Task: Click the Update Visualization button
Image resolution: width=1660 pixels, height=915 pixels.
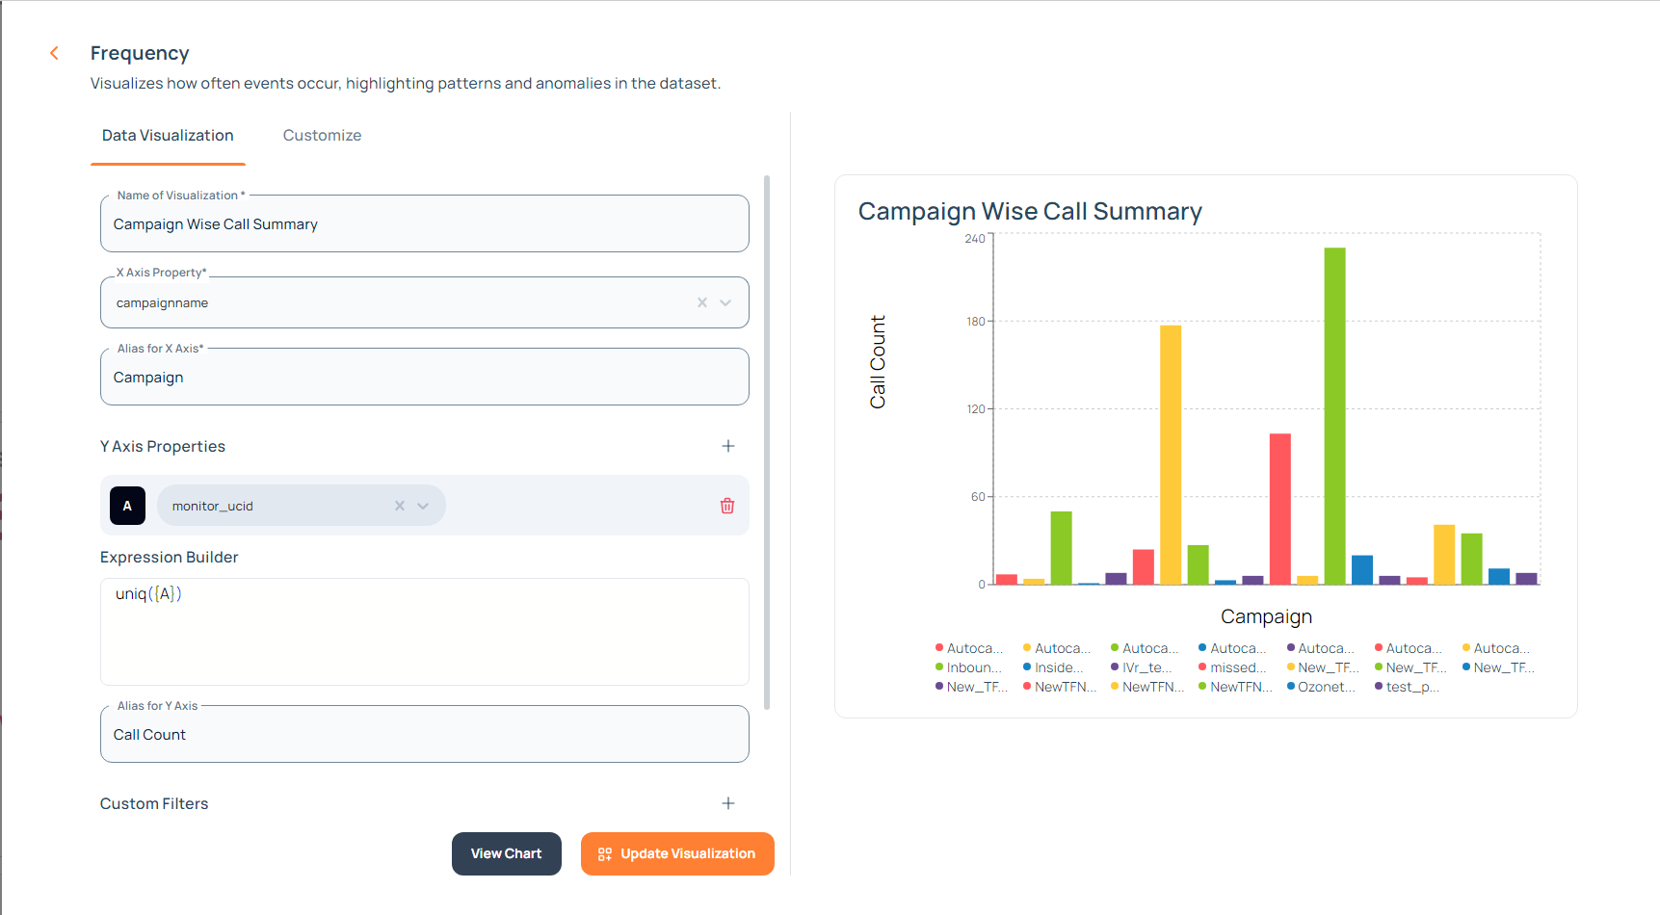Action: pyautogui.click(x=677, y=853)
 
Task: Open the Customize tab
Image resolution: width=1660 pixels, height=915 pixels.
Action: pyautogui.click(x=322, y=136)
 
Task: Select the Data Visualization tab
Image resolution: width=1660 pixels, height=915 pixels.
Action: pyautogui.click(x=168, y=136)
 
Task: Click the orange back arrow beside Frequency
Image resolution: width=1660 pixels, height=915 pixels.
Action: pyautogui.click(x=55, y=53)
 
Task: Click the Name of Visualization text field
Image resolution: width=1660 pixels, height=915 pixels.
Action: pyautogui.click(x=424, y=224)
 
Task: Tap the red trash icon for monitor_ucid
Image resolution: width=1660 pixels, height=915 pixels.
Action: pyautogui.click(x=727, y=506)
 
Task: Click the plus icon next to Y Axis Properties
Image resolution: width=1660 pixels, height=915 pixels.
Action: pyautogui.click(x=728, y=446)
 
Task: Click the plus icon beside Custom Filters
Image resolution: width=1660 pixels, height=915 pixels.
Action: pyautogui.click(x=728, y=803)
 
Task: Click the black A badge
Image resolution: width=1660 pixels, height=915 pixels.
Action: pyautogui.click(x=127, y=506)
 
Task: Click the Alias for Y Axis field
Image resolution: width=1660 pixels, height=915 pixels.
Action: pyautogui.click(x=424, y=735)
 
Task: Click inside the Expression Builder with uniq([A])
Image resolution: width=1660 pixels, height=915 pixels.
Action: pyautogui.click(x=424, y=631)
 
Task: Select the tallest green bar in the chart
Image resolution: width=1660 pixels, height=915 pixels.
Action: pyautogui.click(x=1334, y=414)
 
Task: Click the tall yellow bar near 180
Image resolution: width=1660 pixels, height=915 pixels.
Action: pyautogui.click(x=1171, y=453)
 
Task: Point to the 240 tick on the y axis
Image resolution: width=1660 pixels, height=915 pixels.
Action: pyautogui.click(x=975, y=239)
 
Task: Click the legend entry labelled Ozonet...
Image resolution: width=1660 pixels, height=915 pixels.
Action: pyautogui.click(x=1325, y=687)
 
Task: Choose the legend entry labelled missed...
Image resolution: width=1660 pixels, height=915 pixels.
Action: pyautogui.click(x=1236, y=667)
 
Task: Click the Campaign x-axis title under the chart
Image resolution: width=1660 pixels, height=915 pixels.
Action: pyautogui.click(x=1266, y=616)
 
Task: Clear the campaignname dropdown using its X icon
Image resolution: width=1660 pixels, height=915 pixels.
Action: pyautogui.click(x=702, y=302)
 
